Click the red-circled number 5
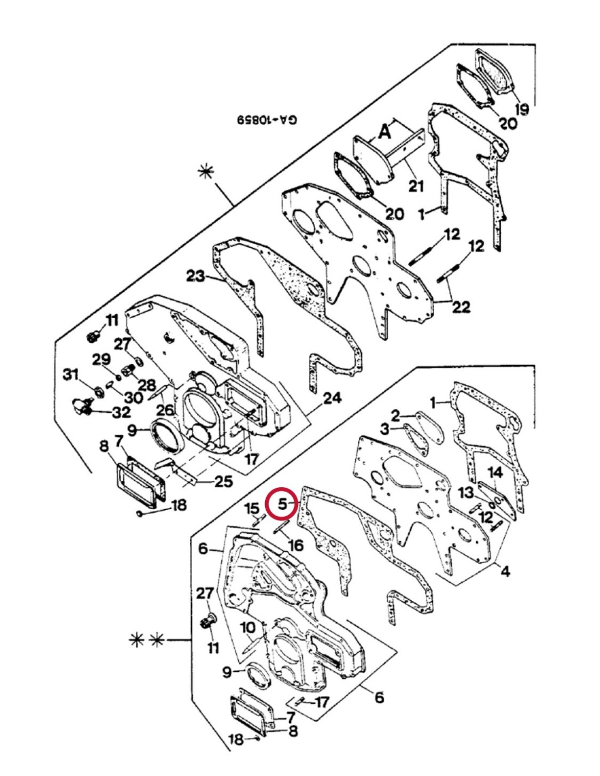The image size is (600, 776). [281, 504]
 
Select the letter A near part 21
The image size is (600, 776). [385, 131]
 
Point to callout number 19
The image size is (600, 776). [521, 110]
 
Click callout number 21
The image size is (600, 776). [416, 186]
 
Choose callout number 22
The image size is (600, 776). [461, 307]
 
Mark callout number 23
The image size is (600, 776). [196, 276]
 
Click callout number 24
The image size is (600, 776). [332, 398]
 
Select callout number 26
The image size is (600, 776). [165, 409]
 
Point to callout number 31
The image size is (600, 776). [70, 375]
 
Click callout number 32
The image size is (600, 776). [121, 412]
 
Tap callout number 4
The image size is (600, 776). [505, 571]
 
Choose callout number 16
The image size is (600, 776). [295, 545]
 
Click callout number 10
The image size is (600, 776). [248, 628]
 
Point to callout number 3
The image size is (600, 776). [385, 429]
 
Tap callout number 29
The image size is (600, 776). [101, 359]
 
